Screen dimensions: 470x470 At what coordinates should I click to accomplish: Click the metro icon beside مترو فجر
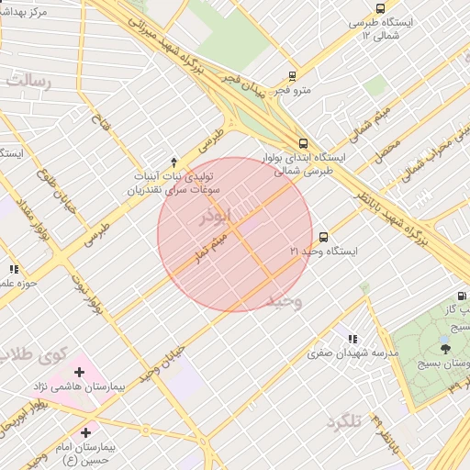[292, 76]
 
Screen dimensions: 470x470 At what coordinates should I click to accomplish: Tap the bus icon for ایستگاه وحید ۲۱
[323, 238]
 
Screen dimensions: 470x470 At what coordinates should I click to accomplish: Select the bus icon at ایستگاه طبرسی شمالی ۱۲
[380, 7]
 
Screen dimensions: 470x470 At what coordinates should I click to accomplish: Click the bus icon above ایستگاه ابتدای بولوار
[304, 143]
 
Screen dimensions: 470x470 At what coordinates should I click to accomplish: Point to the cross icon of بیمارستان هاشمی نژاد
[79, 373]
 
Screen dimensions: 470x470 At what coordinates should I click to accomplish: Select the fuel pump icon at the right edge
[461, 296]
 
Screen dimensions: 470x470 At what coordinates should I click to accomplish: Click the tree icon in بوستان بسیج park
[446, 349]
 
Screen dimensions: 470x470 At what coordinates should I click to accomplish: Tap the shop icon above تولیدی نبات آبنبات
[174, 161]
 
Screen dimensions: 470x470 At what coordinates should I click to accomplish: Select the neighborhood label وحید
[284, 300]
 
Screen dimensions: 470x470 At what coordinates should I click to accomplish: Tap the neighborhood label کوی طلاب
[30, 353]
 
